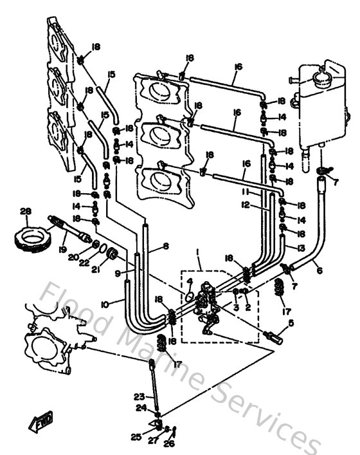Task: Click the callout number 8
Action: tap(166, 245)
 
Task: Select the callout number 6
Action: tap(319, 271)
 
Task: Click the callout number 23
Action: tap(139, 396)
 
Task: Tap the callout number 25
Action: tap(136, 437)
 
